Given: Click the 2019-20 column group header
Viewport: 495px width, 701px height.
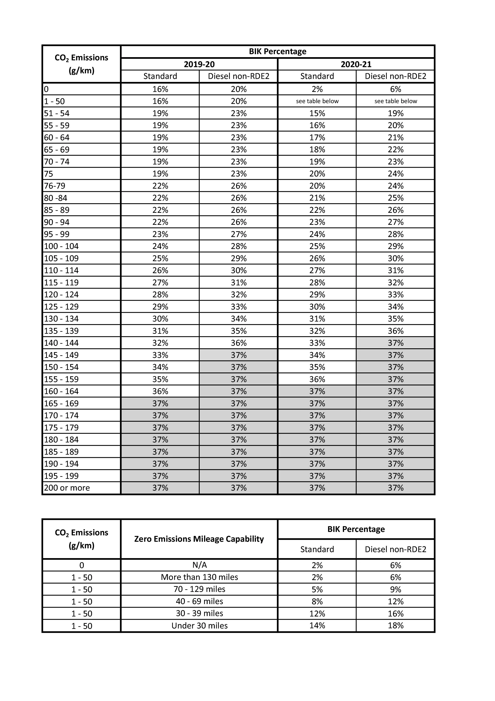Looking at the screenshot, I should [199, 64].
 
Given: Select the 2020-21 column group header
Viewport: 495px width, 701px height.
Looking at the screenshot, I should [356, 64].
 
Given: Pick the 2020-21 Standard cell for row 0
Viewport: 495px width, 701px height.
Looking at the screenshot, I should [317, 89].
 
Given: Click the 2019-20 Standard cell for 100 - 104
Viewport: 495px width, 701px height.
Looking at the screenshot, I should [160, 246].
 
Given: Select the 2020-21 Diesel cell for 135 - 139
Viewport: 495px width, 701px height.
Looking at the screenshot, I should [396, 331].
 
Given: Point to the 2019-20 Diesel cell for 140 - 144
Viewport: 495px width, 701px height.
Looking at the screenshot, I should [238, 343].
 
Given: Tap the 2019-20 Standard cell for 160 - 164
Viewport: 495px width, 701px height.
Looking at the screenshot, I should [160, 391].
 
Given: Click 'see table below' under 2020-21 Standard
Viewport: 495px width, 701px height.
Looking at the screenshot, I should [317, 101].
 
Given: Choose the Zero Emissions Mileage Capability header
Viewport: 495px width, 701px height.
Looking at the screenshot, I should [199, 539].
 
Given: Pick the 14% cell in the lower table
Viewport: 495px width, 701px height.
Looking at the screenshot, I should [317, 626].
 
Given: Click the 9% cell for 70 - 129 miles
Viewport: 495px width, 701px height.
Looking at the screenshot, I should [396, 589].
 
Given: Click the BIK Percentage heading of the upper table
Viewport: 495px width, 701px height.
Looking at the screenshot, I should [278, 51].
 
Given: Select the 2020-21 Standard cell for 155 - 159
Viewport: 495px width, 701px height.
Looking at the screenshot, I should [317, 379].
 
